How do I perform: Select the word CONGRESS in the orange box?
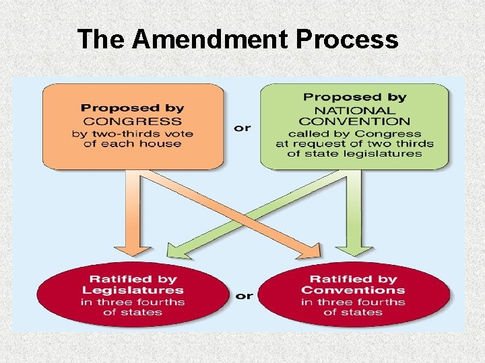(131, 121)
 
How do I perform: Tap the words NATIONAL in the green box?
(354, 110)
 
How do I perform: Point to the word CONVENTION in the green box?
(354, 122)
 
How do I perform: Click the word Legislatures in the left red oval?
(133, 290)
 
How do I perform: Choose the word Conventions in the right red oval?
(353, 290)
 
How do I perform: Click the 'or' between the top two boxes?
(242, 127)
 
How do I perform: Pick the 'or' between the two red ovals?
(244, 296)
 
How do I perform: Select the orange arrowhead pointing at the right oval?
(311, 252)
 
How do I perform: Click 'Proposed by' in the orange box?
(131, 108)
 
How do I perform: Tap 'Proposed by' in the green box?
(354, 97)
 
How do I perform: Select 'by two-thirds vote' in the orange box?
(132, 133)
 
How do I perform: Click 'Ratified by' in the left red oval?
(133, 279)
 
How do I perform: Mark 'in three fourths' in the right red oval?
(353, 302)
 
